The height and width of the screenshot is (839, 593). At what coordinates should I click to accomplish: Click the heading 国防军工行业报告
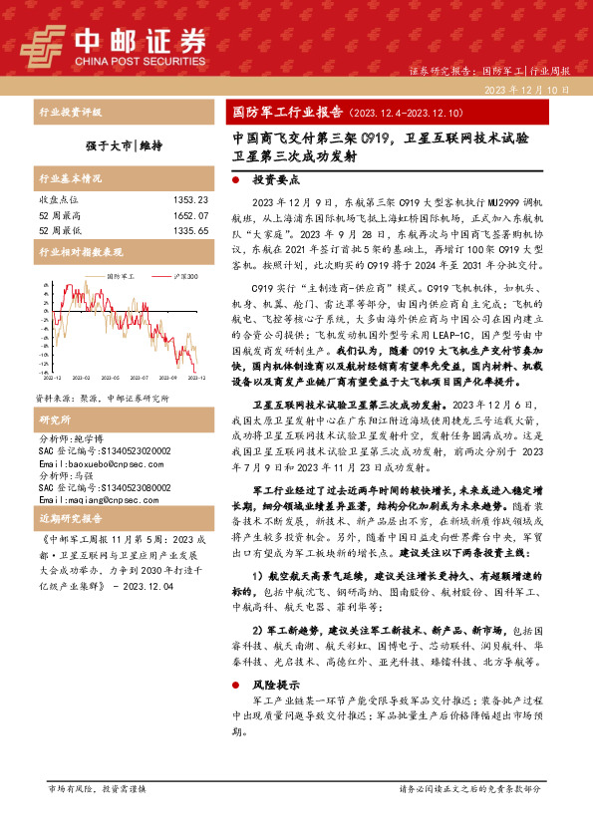281,112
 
